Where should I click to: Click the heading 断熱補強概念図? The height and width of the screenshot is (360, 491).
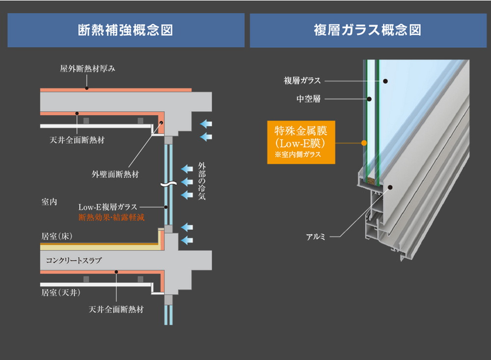point(126,30)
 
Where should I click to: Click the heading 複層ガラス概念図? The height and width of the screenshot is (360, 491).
point(368,30)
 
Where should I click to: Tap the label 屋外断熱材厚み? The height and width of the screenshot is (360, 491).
point(87,69)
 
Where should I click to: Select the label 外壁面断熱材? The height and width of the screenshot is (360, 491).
point(115,174)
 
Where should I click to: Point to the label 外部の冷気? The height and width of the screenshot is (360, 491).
point(201,181)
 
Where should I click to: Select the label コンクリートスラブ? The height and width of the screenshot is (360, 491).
point(74,260)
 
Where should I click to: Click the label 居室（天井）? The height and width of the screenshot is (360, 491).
point(60,293)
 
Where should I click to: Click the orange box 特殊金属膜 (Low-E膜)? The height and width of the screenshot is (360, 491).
point(301,142)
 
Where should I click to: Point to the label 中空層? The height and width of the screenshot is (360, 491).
point(308,99)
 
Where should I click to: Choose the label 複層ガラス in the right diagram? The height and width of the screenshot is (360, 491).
point(302,81)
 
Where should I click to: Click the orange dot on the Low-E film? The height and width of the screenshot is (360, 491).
point(364,143)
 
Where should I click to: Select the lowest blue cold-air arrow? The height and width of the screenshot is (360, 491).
point(187,240)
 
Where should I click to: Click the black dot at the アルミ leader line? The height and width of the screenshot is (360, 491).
point(390,187)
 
